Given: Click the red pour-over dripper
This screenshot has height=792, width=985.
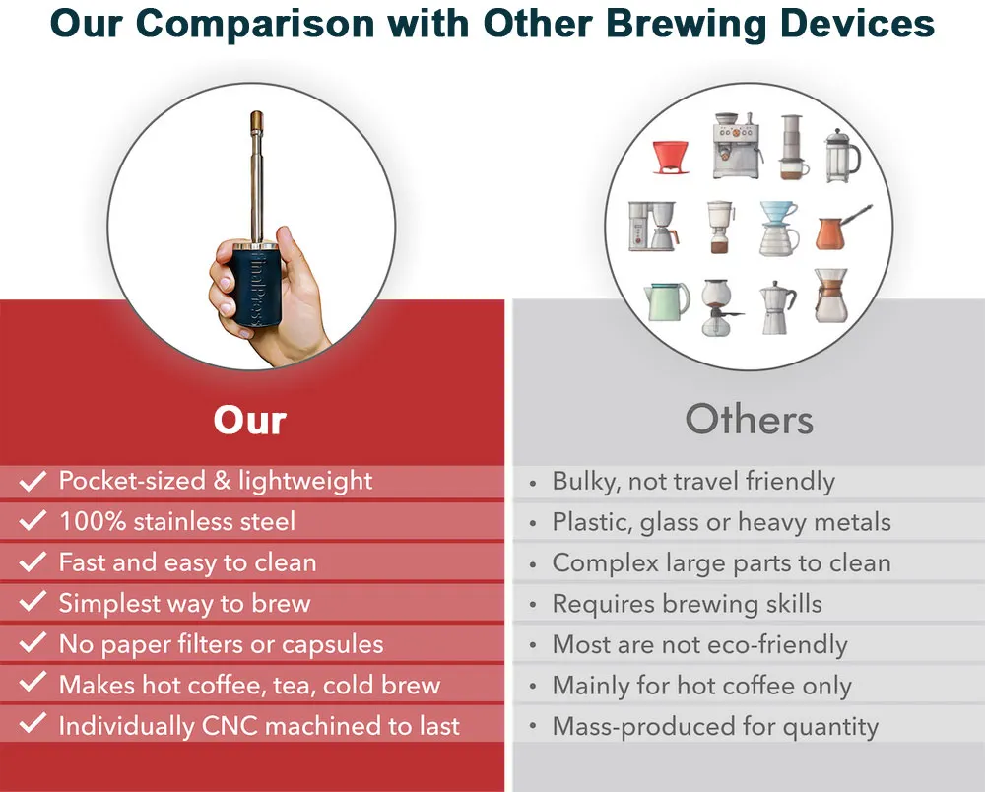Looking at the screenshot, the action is (x=670, y=157).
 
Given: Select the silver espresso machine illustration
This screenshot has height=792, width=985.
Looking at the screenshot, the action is (x=737, y=146).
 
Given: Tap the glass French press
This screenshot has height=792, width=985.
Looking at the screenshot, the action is (x=842, y=156).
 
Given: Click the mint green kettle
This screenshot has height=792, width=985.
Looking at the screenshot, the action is (x=666, y=300).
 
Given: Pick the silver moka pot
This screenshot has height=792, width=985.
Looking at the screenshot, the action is (x=778, y=307).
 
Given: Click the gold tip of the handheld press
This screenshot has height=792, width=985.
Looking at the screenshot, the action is (x=256, y=121).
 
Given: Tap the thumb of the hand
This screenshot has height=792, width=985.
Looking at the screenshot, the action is (x=294, y=254).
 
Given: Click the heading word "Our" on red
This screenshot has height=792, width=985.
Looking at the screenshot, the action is (x=249, y=420).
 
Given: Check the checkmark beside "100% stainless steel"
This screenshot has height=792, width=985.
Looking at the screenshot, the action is (x=33, y=521).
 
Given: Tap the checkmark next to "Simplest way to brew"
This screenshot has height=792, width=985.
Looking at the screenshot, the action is (x=33, y=602).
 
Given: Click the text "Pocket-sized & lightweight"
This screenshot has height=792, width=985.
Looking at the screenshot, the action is (x=216, y=481).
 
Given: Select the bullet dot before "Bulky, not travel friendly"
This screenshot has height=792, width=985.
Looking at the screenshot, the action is (x=533, y=484).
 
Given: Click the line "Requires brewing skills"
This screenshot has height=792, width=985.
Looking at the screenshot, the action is (x=688, y=604).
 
